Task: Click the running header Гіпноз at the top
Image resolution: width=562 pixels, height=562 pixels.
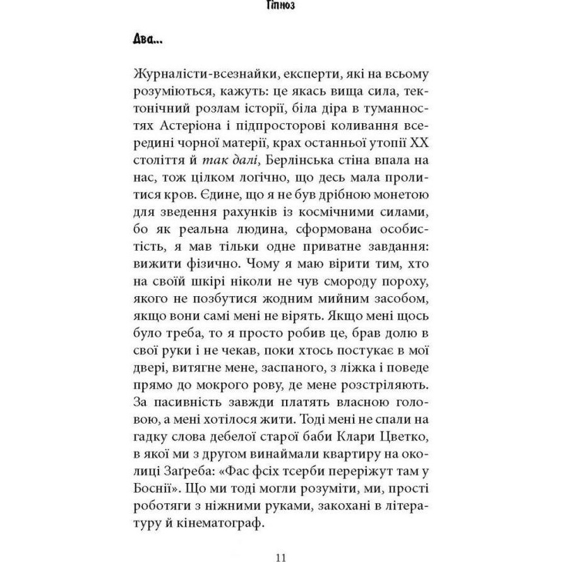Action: [x=281, y=7]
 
